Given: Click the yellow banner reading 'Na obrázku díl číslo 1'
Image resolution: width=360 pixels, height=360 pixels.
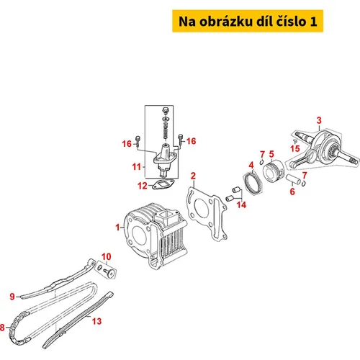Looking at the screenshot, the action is click(x=248, y=21).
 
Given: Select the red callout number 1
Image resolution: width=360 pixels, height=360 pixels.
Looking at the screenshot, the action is click(x=117, y=228).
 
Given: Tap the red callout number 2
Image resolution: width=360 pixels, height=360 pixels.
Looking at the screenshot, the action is click(x=193, y=176).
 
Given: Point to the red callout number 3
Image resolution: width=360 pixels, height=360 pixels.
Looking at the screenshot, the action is click(x=319, y=120).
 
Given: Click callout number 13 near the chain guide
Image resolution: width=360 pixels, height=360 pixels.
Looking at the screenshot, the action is click(x=97, y=321).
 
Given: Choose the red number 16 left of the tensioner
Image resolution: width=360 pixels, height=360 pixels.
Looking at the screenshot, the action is click(x=127, y=144).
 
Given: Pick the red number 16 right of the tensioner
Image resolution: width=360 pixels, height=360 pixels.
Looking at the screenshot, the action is click(x=191, y=141).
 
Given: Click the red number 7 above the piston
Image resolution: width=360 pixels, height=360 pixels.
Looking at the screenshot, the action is click(x=263, y=154).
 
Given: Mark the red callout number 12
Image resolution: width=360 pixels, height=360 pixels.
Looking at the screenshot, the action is click(x=143, y=186).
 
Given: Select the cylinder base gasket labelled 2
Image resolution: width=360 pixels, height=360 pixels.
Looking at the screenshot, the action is click(x=207, y=215).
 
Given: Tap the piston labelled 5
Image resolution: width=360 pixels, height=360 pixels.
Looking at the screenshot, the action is click(x=274, y=171).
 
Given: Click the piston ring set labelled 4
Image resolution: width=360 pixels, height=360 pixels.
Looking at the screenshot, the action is click(x=252, y=184).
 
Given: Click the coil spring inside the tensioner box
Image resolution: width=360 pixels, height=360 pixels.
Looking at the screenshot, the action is click(x=166, y=131).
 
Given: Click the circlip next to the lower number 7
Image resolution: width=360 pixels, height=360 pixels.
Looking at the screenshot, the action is click(x=304, y=183).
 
